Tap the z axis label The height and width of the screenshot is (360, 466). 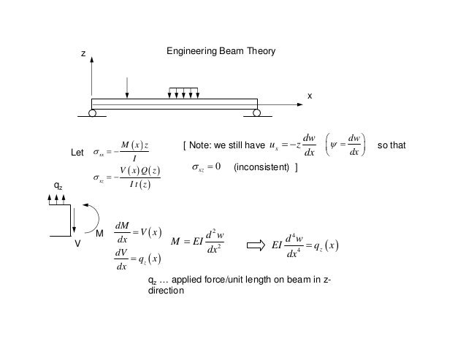pos(83,54)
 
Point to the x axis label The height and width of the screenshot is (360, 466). pos(309,96)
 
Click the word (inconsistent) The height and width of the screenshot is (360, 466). pos(261,168)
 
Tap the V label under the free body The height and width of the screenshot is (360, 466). pos(76,245)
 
